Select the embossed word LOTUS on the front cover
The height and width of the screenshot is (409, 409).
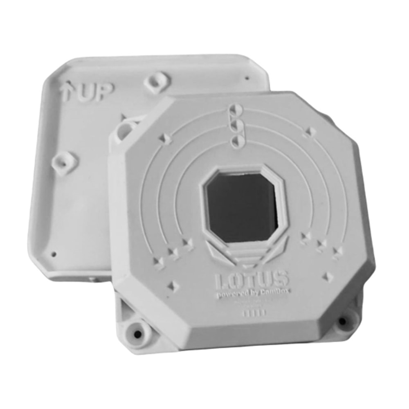pyautogui.click(x=252, y=281)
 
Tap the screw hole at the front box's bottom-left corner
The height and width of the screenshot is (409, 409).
pyautogui.click(x=137, y=333)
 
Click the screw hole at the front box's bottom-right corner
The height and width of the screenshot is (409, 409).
pyautogui.click(x=343, y=322)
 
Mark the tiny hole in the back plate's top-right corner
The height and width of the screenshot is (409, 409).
pyautogui.click(x=247, y=77)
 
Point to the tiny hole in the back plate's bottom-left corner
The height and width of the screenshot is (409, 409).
pyautogui.click(x=53, y=254)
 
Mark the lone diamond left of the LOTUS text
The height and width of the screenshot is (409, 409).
pyautogui.click(x=175, y=285)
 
